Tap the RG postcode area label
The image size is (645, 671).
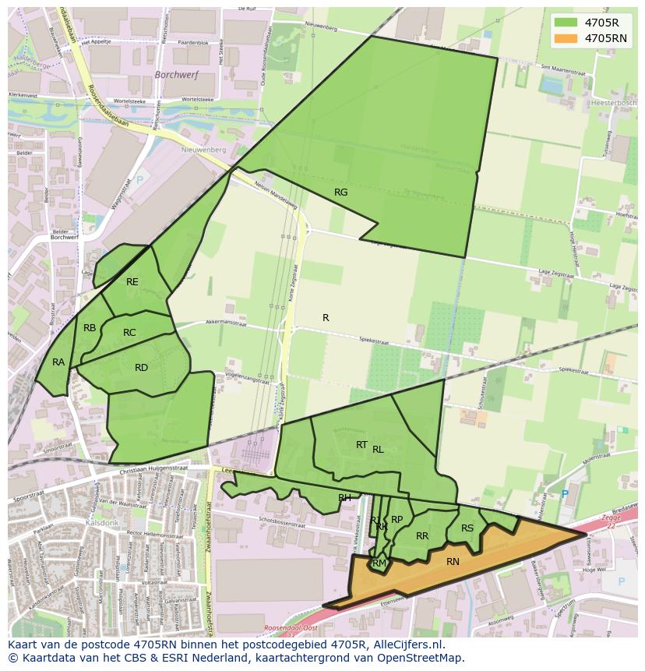(x=340, y=192)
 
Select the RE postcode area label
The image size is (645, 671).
(x=132, y=282)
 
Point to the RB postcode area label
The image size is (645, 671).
(x=90, y=328)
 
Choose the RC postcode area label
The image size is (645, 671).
(x=129, y=333)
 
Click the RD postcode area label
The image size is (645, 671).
(x=141, y=368)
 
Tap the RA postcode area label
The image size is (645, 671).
(x=58, y=362)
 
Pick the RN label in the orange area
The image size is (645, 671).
(x=453, y=561)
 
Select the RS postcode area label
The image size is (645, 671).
(x=467, y=528)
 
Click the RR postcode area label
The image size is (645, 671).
(x=422, y=536)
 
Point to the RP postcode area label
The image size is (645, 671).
(x=397, y=520)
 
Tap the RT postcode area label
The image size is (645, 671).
(x=361, y=445)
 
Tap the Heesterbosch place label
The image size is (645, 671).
(x=615, y=102)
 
